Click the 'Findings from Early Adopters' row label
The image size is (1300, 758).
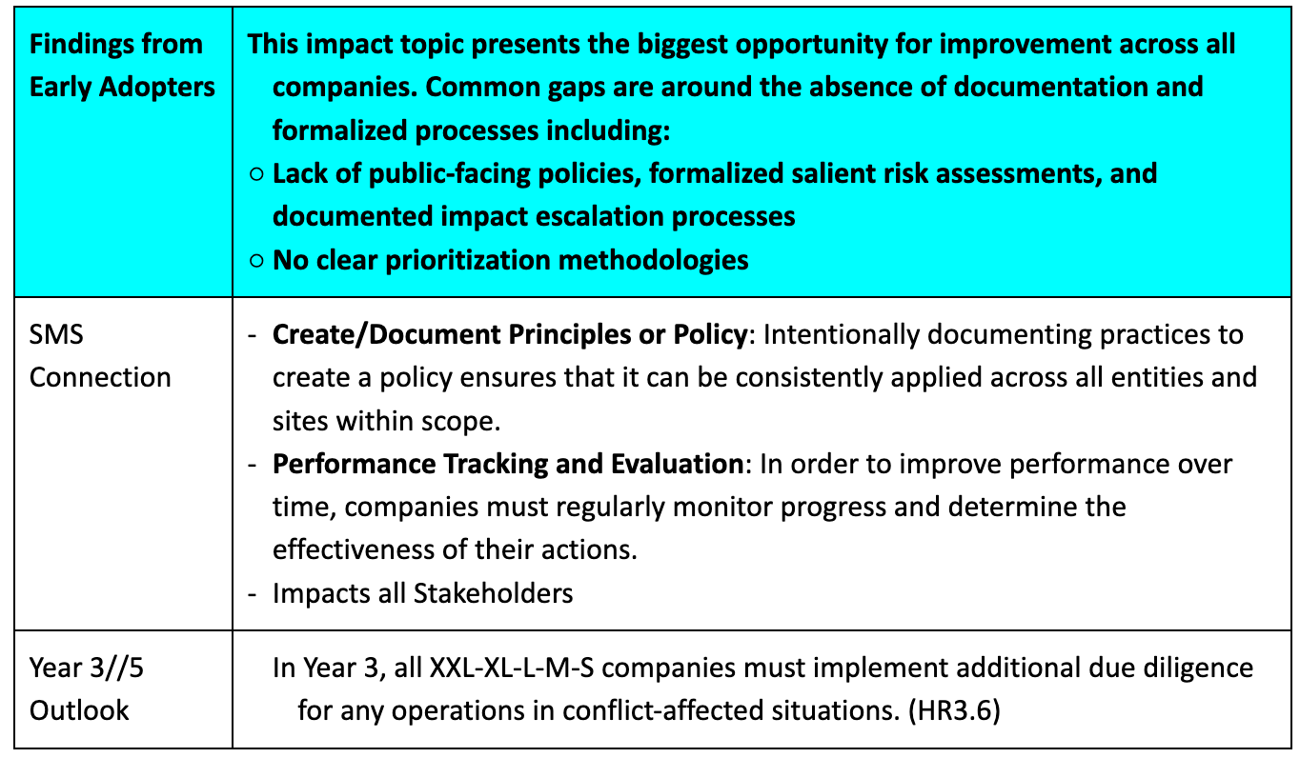coord(122,66)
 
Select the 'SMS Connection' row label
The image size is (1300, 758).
coord(100,356)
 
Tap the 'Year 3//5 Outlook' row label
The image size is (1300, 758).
coord(87,689)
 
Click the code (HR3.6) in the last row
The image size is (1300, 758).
coord(954,710)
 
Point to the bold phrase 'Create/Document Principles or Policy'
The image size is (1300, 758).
coord(510,334)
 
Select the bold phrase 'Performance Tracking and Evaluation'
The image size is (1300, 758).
coord(508,464)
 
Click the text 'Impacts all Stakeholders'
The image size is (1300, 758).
coord(422,593)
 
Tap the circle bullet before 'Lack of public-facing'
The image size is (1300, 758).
coord(256,174)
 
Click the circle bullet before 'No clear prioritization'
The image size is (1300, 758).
coord(256,260)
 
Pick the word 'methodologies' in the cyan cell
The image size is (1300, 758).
coord(653,260)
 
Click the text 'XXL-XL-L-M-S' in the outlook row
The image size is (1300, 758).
coord(511,668)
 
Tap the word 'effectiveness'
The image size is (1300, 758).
coord(354,549)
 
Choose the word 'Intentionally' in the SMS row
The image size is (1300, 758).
coord(841,334)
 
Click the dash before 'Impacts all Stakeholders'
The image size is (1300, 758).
coord(252,594)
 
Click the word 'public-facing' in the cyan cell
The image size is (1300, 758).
coord(449,174)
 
